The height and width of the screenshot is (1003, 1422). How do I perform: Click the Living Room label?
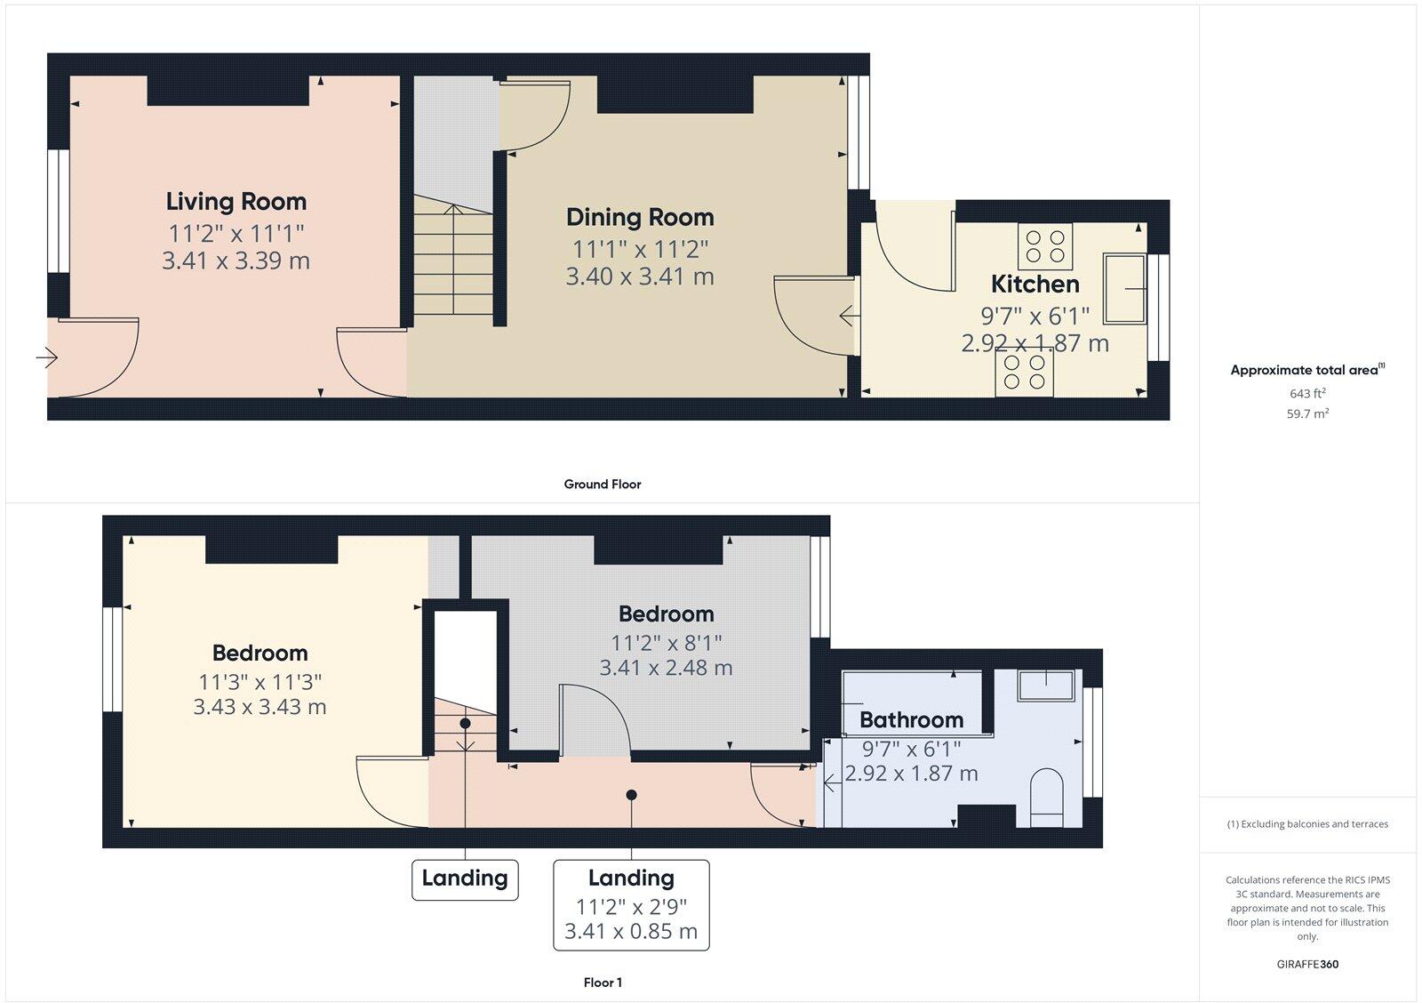(x=236, y=202)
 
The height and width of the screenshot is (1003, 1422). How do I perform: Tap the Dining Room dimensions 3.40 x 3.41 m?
(x=640, y=277)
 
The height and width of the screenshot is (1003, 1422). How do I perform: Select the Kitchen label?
(x=1035, y=285)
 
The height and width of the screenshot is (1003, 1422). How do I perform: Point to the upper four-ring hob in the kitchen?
(x=1044, y=245)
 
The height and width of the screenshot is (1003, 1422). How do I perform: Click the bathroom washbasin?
(x=1046, y=686)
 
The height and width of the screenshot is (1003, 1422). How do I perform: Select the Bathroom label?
(x=911, y=719)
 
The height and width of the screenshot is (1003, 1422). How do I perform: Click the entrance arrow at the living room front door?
(x=47, y=358)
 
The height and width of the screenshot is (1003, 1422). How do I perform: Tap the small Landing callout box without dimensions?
(x=465, y=879)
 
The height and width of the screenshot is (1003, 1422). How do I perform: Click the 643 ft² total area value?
(x=1306, y=393)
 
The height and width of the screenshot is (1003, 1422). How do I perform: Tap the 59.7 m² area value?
(x=1306, y=413)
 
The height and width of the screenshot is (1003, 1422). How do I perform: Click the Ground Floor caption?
(x=602, y=485)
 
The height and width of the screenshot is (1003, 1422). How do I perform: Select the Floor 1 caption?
(x=602, y=983)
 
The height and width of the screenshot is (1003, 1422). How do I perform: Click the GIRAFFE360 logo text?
(x=1306, y=964)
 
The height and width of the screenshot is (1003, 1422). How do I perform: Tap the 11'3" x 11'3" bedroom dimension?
(x=260, y=683)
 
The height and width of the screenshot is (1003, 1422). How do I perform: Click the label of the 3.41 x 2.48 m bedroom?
(x=667, y=614)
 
